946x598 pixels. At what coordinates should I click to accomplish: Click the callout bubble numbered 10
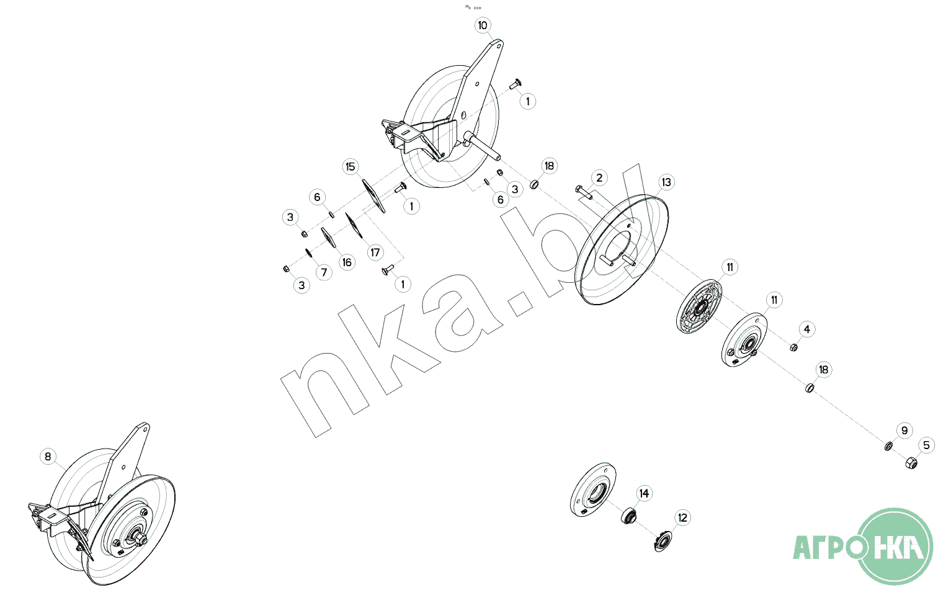483,25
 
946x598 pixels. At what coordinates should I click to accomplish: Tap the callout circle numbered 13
666,182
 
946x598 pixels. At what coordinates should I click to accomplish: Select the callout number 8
48,457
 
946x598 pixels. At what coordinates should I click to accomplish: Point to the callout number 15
350,167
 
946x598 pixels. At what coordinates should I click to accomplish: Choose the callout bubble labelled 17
375,252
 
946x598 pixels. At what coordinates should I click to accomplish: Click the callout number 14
644,493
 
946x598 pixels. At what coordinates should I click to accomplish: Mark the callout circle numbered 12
683,518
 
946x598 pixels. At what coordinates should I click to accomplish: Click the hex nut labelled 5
911,463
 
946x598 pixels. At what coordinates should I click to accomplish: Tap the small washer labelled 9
888,446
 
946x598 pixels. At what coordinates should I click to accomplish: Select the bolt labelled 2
584,192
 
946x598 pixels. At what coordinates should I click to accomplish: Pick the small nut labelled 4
793,347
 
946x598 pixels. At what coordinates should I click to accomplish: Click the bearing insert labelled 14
629,516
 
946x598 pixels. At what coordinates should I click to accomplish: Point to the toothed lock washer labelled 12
663,542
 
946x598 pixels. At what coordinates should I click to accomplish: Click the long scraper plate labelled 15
374,196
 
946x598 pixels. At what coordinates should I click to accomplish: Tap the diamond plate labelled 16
329,238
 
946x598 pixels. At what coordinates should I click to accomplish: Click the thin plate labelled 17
354,226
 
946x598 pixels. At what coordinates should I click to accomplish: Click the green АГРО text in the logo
828,547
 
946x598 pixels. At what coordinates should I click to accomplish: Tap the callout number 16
347,262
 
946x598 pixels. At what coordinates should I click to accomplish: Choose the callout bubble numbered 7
324,272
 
